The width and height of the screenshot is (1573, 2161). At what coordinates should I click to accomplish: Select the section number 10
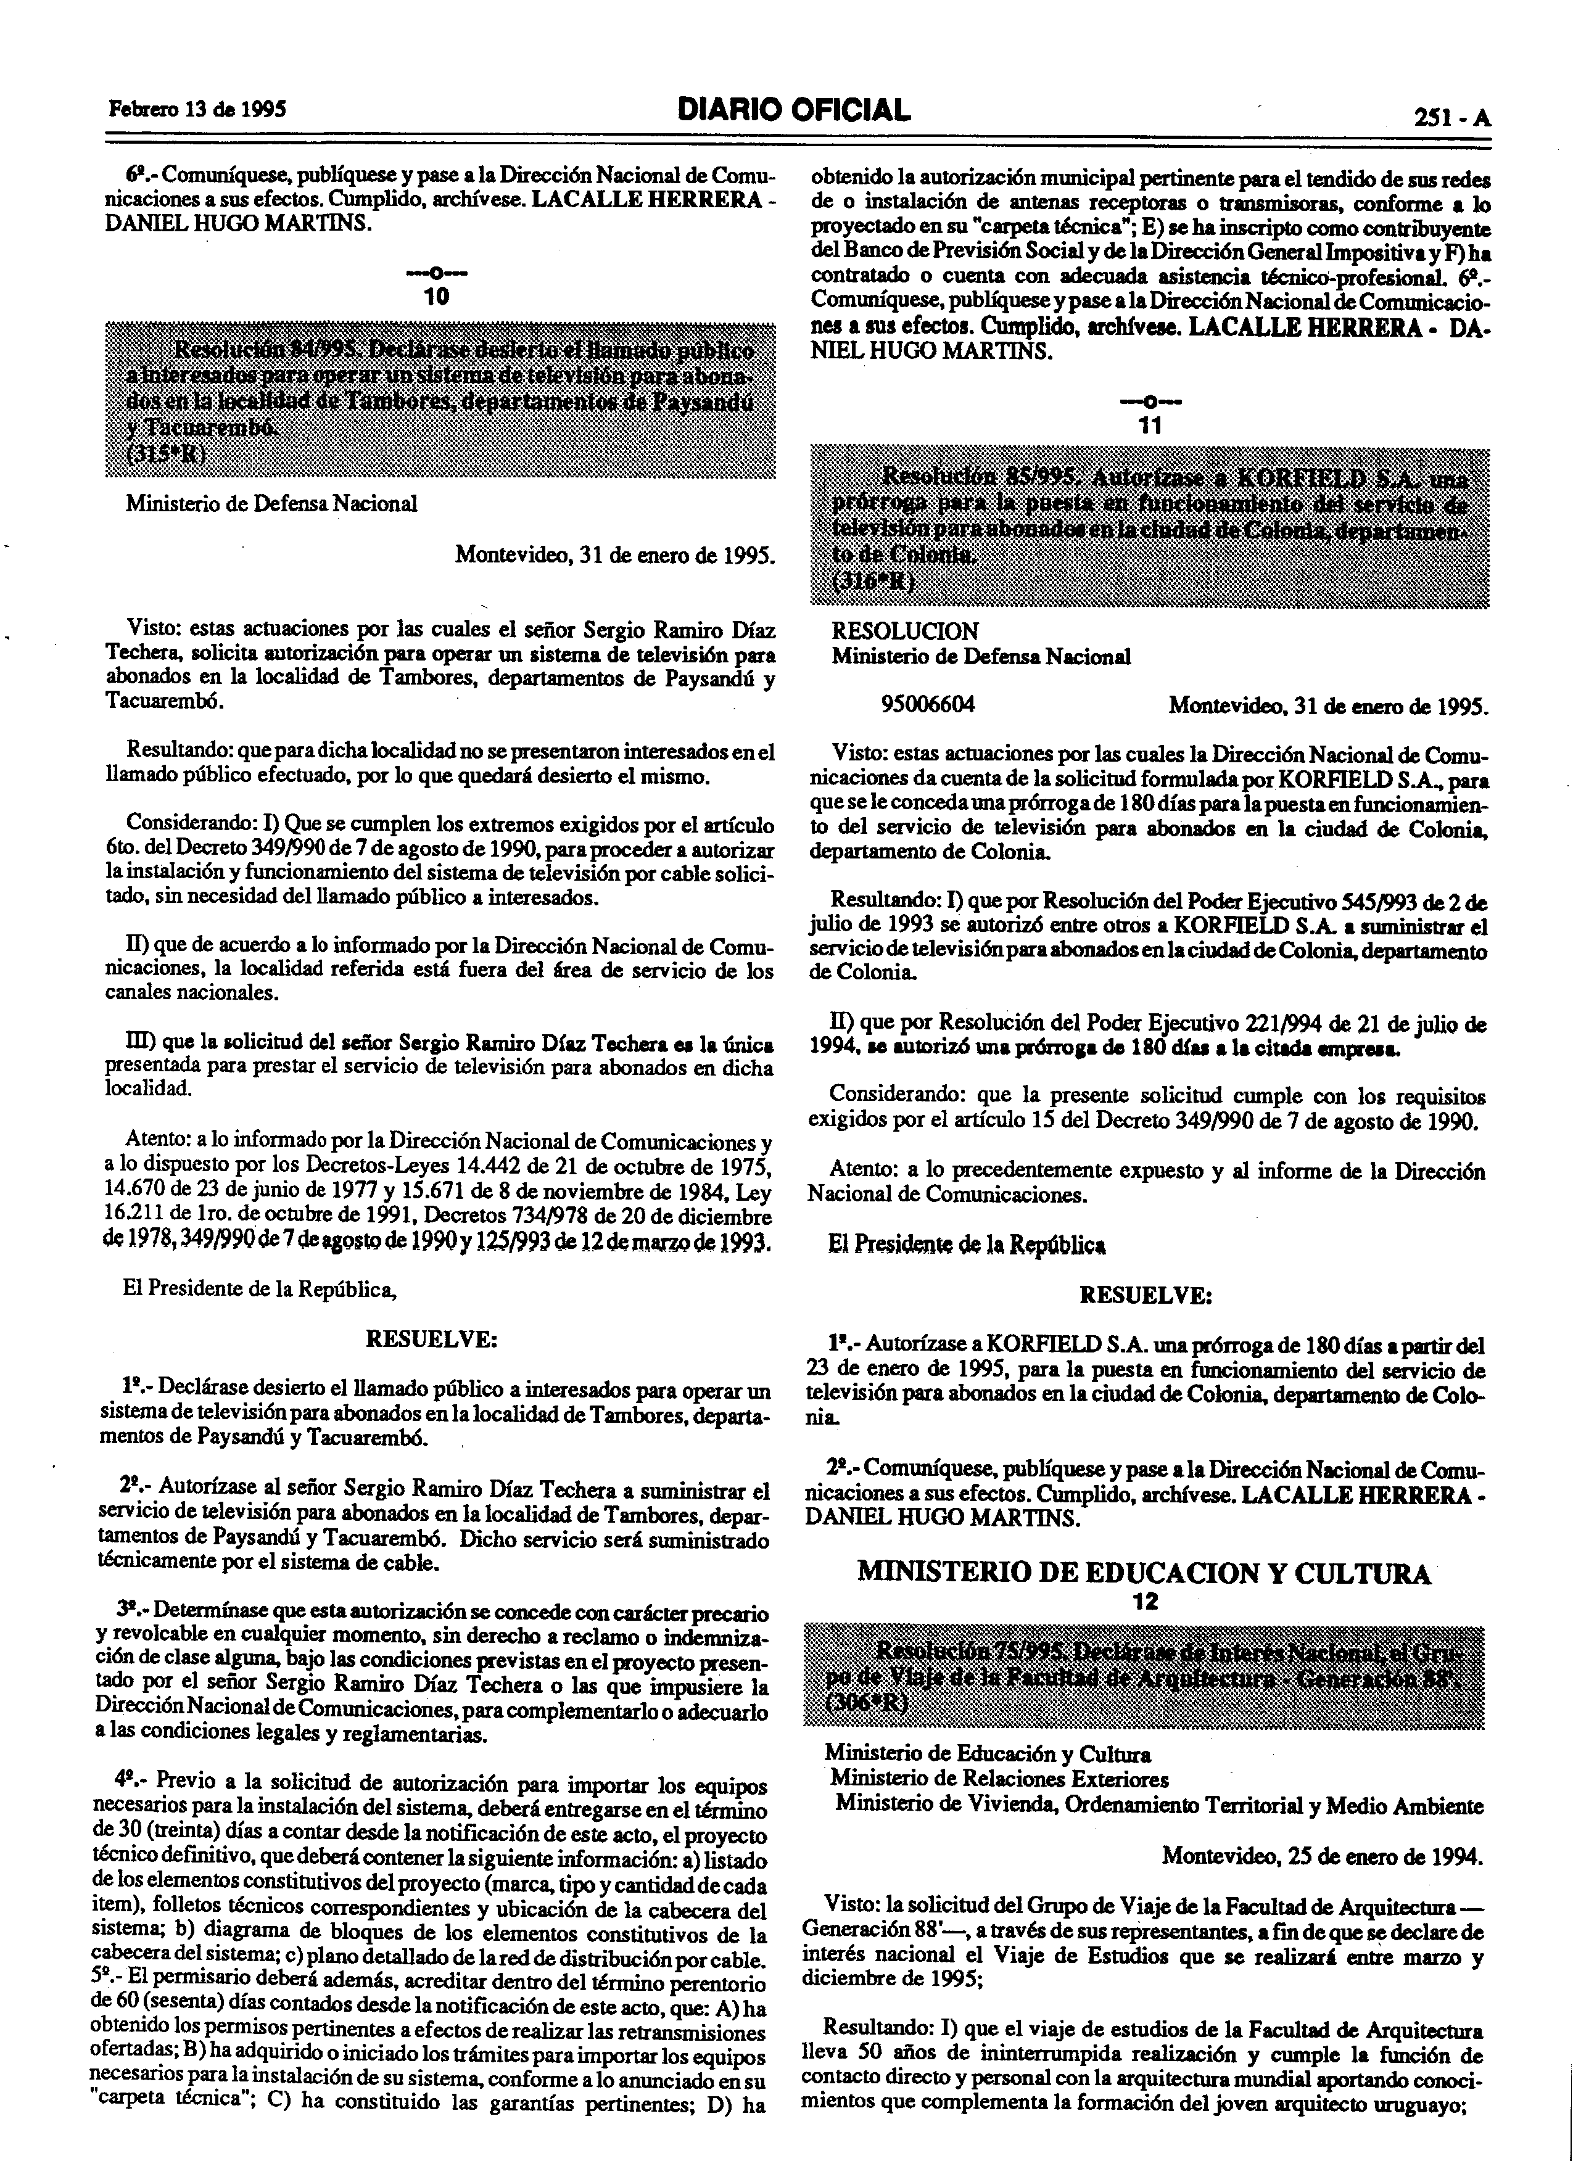tap(436, 296)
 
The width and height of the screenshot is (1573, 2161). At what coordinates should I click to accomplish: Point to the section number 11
tap(1150, 426)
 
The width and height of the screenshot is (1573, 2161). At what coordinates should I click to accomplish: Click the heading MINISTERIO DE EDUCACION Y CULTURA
tap(1143, 1572)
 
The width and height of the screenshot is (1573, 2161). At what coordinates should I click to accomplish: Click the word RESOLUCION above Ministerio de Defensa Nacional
tap(904, 631)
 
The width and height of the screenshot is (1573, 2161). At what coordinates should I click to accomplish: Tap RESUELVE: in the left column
tap(432, 1339)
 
